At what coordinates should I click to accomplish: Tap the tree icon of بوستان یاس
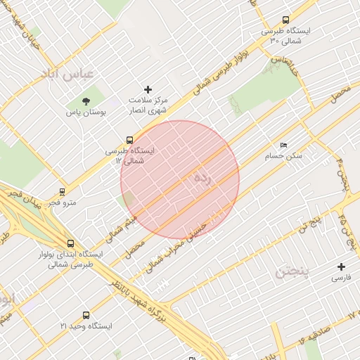86,101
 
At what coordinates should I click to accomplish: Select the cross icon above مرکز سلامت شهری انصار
148,89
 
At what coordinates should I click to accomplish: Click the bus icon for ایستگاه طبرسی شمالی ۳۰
285,20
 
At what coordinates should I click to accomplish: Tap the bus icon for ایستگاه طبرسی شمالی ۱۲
129,140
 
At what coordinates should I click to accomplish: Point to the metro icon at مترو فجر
63,191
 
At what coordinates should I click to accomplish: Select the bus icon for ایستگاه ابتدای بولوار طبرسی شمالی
68,243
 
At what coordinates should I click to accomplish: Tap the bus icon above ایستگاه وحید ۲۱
86,315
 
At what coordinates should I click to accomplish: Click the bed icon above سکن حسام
283,145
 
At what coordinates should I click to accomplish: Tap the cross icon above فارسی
341,266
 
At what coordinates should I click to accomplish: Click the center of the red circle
180,179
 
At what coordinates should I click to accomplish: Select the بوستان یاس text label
86,112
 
